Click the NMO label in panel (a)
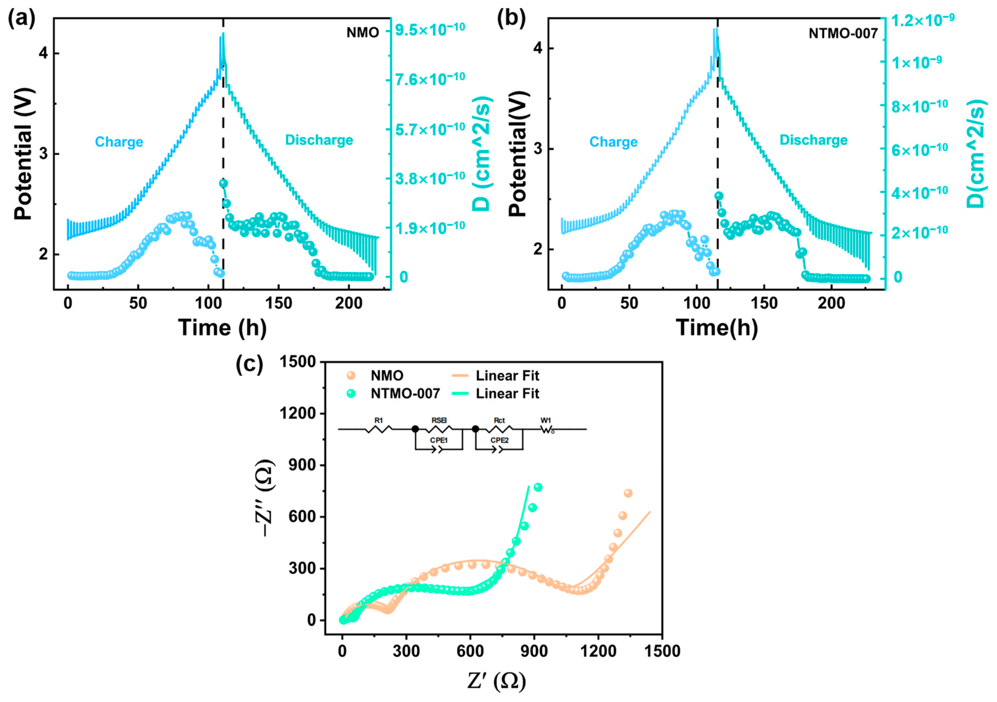point(362,33)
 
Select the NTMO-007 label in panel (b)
point(843,34)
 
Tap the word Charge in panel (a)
point(119,142)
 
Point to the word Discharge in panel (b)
point(813,140)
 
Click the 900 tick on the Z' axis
point(534,651)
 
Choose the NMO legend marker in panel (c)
point(351,375)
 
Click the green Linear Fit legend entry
point(507,394)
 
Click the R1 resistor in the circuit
point(379,429)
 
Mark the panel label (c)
point(249,364)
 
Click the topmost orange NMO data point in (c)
point(628,493)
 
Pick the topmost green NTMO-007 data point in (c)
point(538,487)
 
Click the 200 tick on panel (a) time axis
point(348,303)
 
